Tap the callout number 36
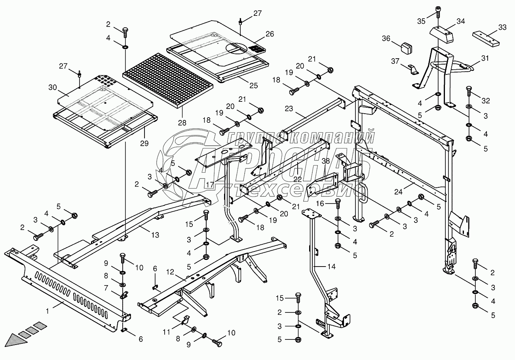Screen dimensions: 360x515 click(386, 38)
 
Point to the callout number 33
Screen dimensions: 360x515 click(502, 27)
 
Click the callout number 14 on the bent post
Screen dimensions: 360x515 click(331, 267)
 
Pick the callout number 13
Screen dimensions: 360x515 click(155, 235)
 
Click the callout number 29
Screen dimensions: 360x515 click(144, 144)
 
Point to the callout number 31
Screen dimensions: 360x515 click(485, 59)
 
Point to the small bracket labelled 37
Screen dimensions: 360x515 click(411, 69)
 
